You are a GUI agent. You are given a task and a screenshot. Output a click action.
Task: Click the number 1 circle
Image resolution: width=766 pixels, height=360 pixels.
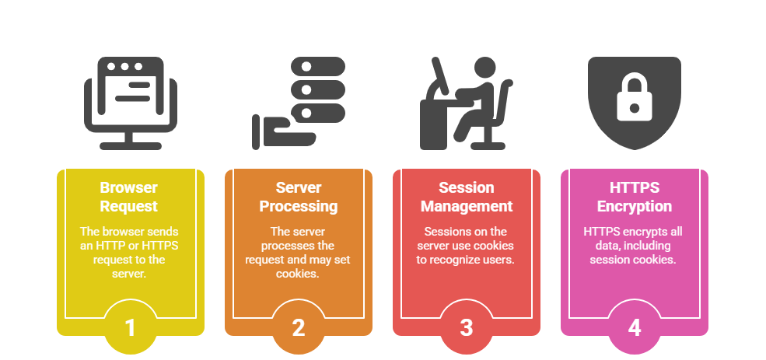(130, 327)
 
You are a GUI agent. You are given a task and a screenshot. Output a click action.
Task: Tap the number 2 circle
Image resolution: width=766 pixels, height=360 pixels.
(299, 327)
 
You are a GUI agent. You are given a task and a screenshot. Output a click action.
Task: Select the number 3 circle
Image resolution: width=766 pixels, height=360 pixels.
(467, 327)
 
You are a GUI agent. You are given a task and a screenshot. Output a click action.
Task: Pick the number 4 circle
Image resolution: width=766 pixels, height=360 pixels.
(635, 327)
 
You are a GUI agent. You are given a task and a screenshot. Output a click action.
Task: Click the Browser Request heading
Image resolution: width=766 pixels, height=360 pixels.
(130, 197)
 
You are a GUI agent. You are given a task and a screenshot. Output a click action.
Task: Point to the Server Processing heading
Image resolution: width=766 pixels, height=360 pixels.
(299, 197)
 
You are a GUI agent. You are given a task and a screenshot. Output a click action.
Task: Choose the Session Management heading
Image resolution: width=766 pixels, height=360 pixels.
(467, 197)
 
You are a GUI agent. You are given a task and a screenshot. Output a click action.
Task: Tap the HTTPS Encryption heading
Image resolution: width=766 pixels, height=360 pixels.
(635, 197)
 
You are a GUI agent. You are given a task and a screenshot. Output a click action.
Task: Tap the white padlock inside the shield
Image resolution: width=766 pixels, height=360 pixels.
(635, 99)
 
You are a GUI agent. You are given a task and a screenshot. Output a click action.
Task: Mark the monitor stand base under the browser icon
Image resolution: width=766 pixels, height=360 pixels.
(130, 145)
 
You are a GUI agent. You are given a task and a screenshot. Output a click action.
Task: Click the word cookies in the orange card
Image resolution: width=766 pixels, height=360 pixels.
(299, 273)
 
